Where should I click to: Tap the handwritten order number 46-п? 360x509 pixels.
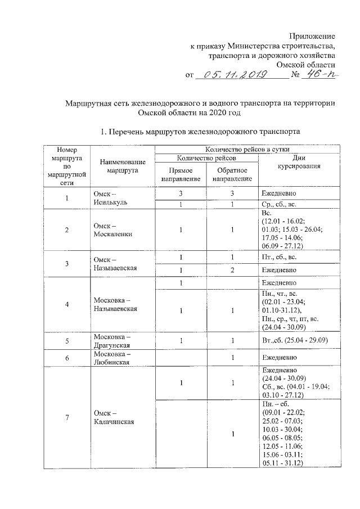point(317,74)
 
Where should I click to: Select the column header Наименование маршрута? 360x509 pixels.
point(119,165)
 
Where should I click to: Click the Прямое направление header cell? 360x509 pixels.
point(181,174)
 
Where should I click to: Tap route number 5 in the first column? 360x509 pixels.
point(67,341)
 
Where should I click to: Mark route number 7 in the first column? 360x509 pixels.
point(67,417)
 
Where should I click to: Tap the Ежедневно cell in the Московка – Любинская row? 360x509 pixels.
point(280,358)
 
